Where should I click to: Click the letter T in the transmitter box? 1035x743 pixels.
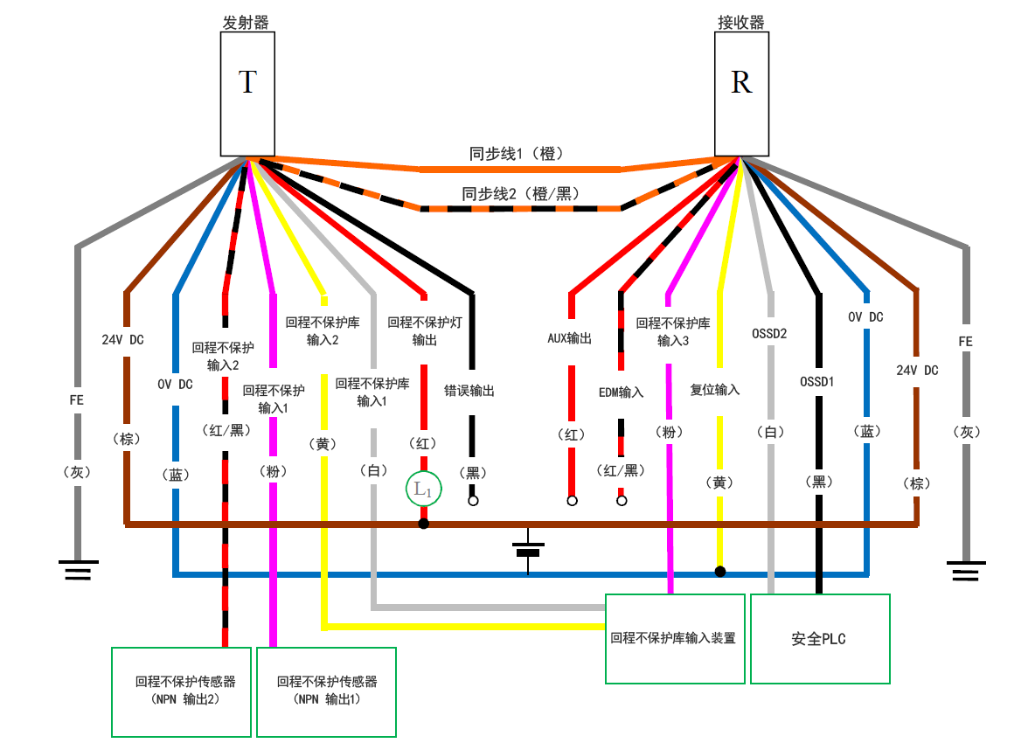(247, 82)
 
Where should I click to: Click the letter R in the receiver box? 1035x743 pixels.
(741, 82)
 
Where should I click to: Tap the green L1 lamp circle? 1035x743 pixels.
(423, 490)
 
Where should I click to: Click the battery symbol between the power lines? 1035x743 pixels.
(528, 549)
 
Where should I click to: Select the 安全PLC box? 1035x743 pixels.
(819, 639)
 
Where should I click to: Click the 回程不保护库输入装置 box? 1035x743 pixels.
(674, 639)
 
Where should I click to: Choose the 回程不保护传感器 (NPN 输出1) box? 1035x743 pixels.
(326, 691)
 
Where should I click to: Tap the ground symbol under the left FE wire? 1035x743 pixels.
(78, 570)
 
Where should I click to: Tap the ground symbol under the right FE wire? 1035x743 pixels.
(965, 570)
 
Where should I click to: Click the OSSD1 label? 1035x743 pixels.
(818, 381)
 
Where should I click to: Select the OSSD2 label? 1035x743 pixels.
(770, 333)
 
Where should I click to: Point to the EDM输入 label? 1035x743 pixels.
(622, 392)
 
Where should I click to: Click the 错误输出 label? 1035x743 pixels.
(469, 391)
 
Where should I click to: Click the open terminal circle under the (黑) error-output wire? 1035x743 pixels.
(473, 502)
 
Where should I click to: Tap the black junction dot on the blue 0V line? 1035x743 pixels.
(719, 572)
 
